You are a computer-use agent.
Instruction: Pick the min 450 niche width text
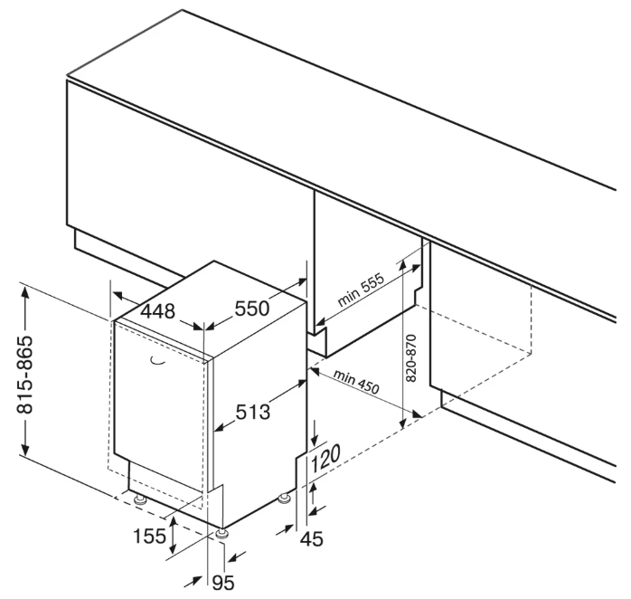(x=355, y=380)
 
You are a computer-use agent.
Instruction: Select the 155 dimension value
(x=150, y=536)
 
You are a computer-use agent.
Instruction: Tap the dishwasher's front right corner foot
(x=219, y=533)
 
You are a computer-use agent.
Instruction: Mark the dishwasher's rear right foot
(x=287, y=497)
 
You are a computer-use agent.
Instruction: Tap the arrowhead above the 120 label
(x=314, y=439)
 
